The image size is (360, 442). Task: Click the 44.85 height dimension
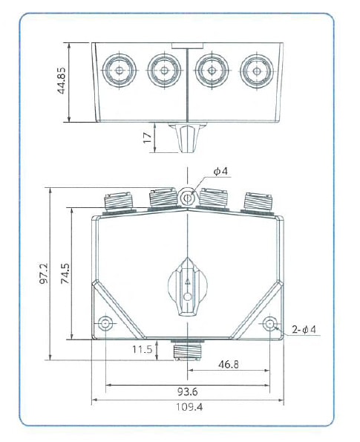tap(63, 82)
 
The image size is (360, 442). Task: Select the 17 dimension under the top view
tap(148, 138)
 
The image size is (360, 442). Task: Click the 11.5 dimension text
tap(143, 348)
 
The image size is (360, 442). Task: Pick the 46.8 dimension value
tap(228, 365)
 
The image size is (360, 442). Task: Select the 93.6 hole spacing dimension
tap(188, 391)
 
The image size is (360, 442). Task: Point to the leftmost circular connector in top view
tap(118, 71)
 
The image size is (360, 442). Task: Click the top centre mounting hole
tap(187, 197)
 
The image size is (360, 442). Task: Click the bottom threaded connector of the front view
tap(182, 350)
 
